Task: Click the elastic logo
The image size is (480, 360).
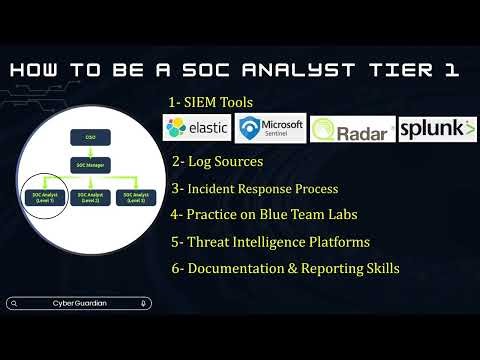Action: point(197,129)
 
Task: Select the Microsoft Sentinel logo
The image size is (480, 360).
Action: point(270,129)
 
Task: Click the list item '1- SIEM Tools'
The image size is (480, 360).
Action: point(210,102)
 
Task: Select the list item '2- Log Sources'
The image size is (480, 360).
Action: point(217,161)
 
